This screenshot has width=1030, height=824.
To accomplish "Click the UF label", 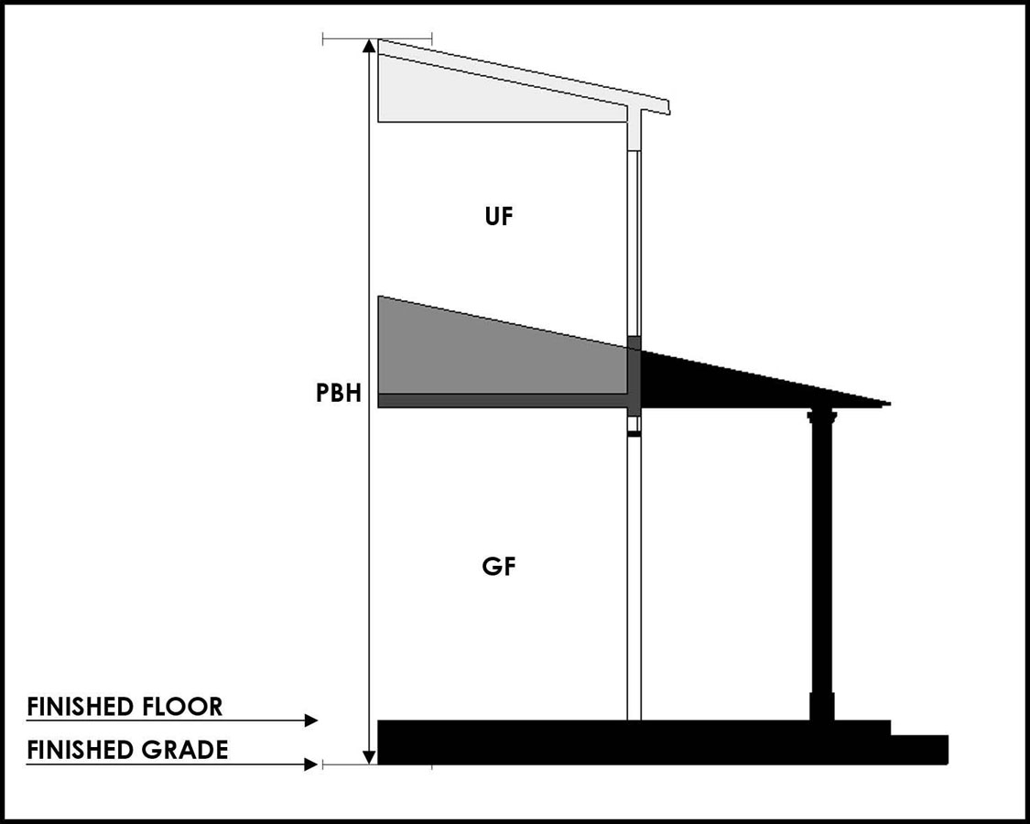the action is tap(501, 217).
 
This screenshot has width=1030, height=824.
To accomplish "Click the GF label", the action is tap(499, 567).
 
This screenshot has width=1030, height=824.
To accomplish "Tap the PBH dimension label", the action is tap(338, 395).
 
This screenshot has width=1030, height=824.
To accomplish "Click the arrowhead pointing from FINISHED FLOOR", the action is tap(311, 721).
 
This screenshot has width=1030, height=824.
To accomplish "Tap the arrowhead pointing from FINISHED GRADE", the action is tap(311, 764).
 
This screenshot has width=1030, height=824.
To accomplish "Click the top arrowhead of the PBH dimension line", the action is tap(369, 47).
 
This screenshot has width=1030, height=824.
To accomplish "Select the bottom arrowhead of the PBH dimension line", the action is tap(369, 756).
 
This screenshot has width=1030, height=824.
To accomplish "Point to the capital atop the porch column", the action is tap(821, 417).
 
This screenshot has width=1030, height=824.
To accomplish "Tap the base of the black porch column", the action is tap(822, 706).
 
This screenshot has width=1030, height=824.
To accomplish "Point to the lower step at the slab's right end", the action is tap(919, 749).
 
